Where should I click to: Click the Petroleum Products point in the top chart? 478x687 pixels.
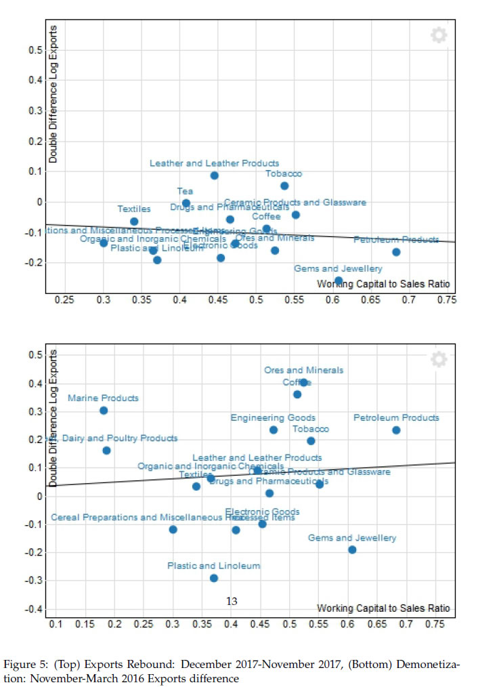pos(396,252)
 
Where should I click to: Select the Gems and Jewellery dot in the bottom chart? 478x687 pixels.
pos(352,549)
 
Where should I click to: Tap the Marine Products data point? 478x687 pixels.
pos(104,411)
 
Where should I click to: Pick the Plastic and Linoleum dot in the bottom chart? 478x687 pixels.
pos(214,578)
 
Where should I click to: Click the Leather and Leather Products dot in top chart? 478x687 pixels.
pos(214,175)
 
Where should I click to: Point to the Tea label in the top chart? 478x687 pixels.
pos(185,192)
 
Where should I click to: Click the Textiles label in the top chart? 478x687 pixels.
pos(134,209)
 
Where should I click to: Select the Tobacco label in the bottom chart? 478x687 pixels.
pos(310,430)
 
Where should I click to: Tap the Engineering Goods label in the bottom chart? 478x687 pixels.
pos(273,418)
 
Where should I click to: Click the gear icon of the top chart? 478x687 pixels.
pos(439,36)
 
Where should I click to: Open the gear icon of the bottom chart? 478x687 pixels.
pos(439,359)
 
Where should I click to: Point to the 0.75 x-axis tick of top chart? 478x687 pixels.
pos(446,300)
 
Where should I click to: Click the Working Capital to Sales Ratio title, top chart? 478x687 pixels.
pos(383,284)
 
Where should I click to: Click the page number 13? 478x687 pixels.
pos(232,601)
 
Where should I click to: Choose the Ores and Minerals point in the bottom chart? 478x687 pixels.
pos(303,382)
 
